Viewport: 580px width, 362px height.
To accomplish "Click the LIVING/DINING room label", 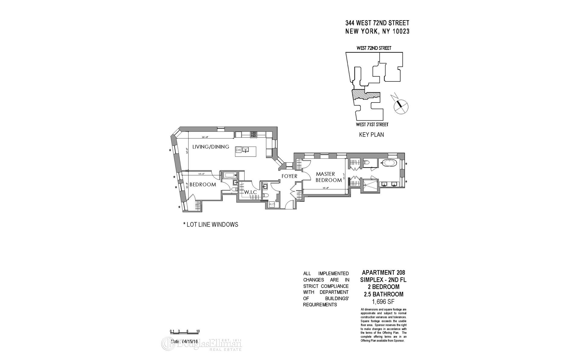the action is [x=211, y=147].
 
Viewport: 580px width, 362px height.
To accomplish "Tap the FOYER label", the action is [x=289, y=176].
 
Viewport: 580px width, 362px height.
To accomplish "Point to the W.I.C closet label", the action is [x=250, y=192].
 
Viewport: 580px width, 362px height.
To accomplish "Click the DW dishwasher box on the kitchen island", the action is [x=238, y=150].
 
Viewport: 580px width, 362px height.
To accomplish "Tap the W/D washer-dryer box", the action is [x=272, y=205].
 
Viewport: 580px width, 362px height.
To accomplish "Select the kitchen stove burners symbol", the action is [x=253, y=135].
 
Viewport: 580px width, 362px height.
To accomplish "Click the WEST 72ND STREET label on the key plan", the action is [x=374, y=48].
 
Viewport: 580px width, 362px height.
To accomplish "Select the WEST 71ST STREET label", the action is [x=372, y=125].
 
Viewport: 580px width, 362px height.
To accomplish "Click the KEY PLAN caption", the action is [x=371, y=135].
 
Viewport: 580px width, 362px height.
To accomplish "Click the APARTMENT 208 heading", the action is [x=383, y=273].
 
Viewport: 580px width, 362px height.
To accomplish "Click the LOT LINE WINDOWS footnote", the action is [x=211, y=225].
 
